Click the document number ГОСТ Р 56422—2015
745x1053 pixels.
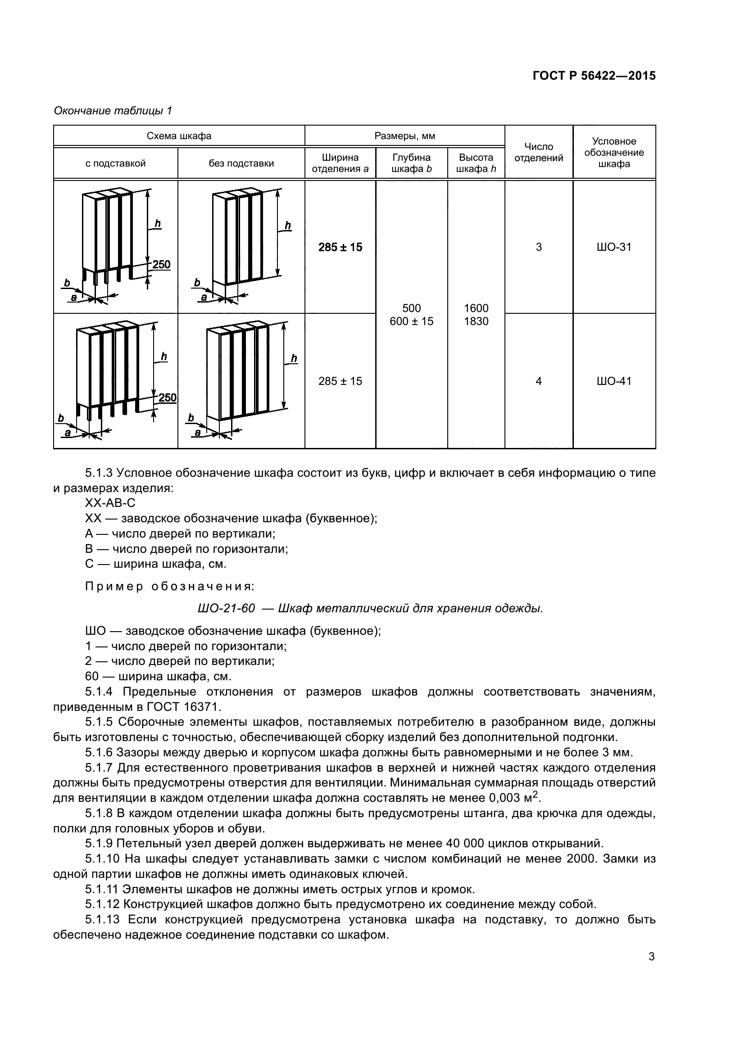point(594,76)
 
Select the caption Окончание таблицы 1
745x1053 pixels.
point(113,111)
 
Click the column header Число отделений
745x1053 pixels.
point(539,152)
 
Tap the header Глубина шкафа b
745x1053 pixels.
point(412,163)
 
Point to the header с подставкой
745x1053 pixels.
point(116,163)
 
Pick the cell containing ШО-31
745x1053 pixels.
point(614,247)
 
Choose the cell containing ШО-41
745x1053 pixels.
point(614,381)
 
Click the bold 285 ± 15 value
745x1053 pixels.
point(340,247)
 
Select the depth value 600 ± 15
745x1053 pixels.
point(412,321)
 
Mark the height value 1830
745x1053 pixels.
point(476,321)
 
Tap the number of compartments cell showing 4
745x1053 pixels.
point(539,381)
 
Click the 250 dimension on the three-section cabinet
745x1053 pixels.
point(162,265)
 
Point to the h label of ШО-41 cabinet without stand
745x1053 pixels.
point(294,358)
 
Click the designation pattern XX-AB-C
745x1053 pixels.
point(110,503)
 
